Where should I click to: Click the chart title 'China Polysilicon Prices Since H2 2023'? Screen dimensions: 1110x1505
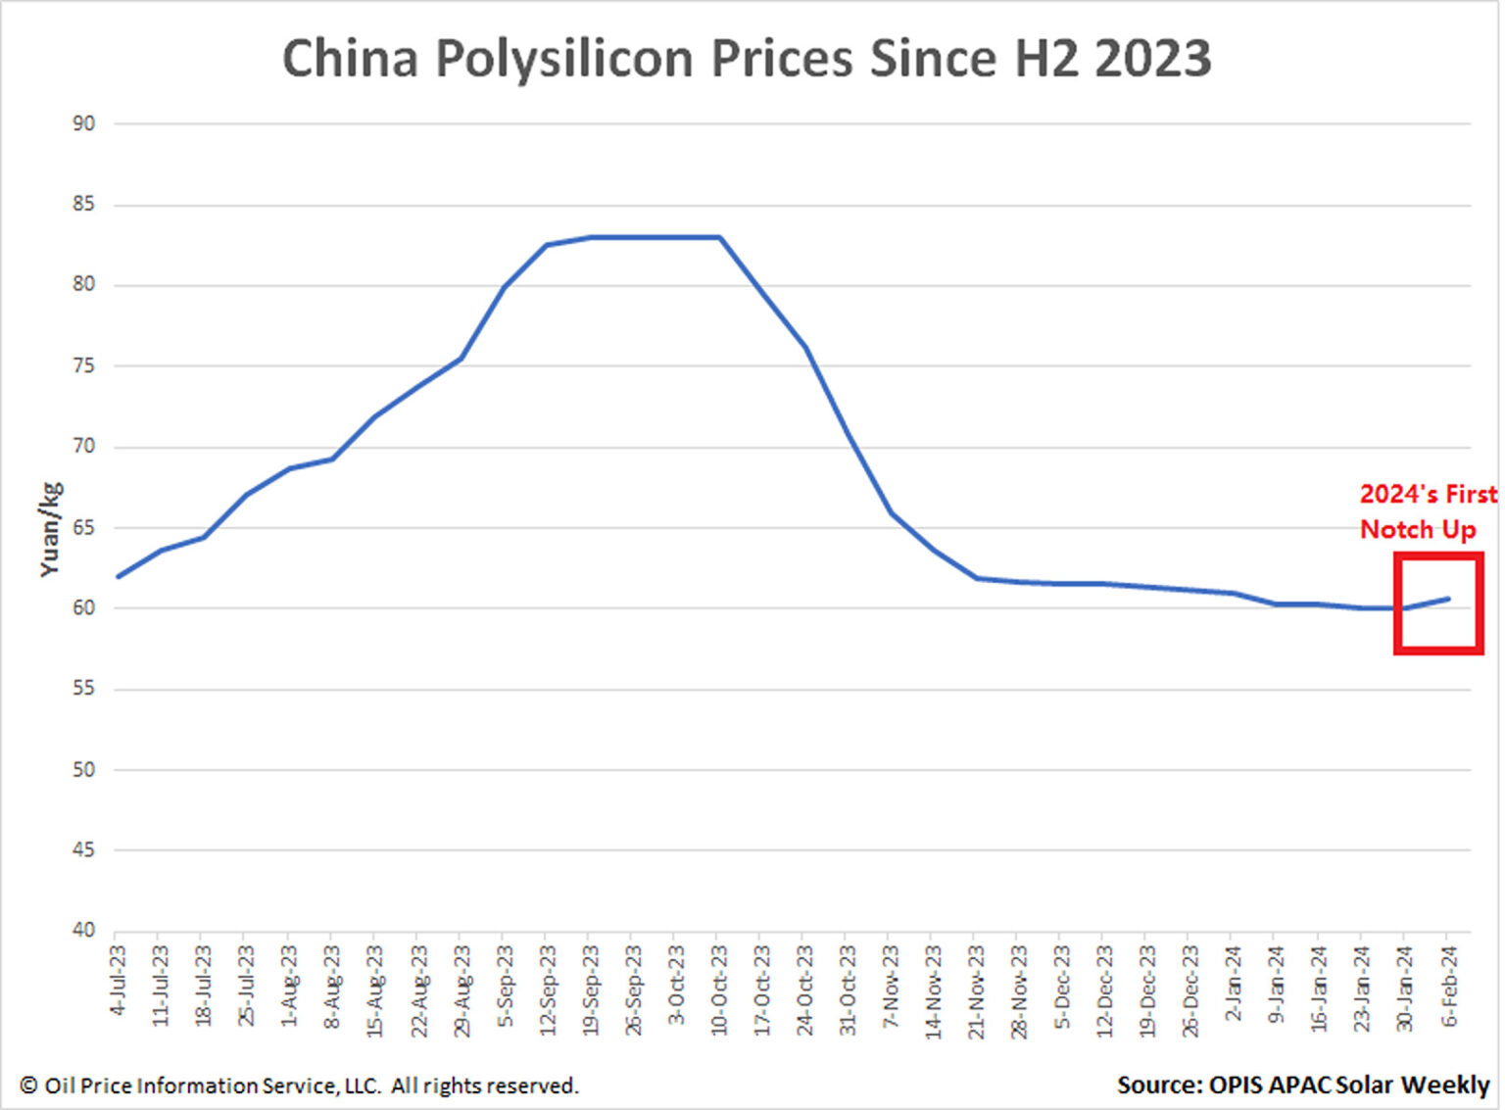(x=747, y=59)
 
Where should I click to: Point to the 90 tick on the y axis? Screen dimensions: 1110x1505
(x=83, y=123)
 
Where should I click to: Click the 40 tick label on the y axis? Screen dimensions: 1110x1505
(x=83, y=930)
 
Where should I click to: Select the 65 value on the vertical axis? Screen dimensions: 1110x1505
(x=83, y=527)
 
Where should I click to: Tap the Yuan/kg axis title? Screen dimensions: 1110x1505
(x=50, y=529)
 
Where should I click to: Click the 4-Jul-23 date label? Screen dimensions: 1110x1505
(x=119, y=980)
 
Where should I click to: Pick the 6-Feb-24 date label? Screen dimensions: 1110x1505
(x=1449, y=985)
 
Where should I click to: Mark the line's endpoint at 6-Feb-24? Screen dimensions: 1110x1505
(x=1448, y=599)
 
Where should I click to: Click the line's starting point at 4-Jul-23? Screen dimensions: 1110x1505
(x=119, y=576)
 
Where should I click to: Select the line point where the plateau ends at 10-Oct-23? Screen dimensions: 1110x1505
(x=720, y=237)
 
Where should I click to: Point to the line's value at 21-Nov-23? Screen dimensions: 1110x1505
(x=976, y=578)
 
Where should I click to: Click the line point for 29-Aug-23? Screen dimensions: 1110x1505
(x=461, y=359)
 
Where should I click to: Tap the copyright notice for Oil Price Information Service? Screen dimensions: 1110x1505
(x=299, y=1086)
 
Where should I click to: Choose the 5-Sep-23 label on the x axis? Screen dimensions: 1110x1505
(x=505, y=985)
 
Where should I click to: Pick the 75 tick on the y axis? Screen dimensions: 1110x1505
(x=83, y=365)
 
